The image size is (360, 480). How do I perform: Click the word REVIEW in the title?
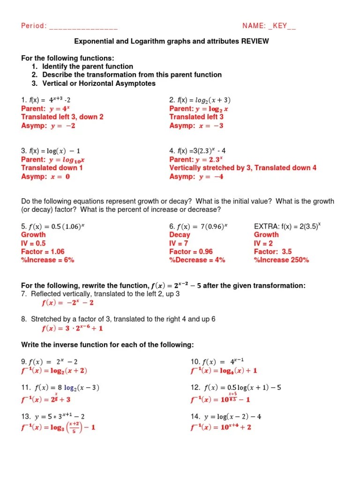(255, 41)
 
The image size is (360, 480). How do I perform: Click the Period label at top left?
(33, 26)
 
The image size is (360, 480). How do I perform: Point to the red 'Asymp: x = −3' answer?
(196, 126)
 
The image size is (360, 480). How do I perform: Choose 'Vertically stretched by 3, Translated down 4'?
(243, 168)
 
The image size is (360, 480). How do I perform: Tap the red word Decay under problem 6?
(180, 234)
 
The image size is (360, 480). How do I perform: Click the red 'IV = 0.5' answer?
(33, 243)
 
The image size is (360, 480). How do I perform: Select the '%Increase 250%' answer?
(281, 260)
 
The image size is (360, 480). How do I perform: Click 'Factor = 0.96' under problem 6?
(191, 251)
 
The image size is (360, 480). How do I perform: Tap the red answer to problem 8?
(72, 328)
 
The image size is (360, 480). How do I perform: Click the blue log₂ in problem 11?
(72, 388)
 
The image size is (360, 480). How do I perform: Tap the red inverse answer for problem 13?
(58, 427)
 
